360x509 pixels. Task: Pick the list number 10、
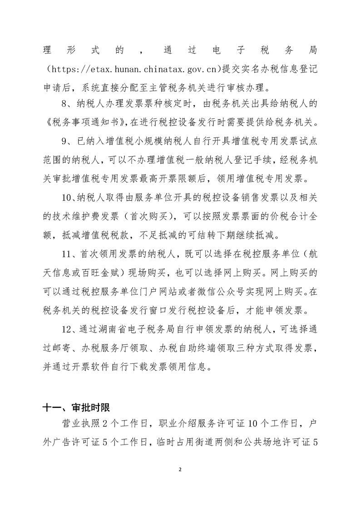coord(70,202)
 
